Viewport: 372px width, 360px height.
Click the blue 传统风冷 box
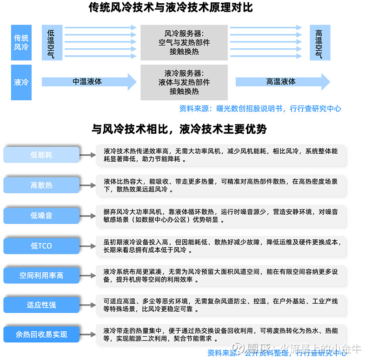coord(21,42)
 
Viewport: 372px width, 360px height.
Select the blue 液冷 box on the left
coord(21,82)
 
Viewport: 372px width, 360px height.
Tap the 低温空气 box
coord(51,42)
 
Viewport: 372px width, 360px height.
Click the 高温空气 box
coord(320,42)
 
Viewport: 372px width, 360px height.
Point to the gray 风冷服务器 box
coord(184,42)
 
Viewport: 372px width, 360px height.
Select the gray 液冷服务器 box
coord(184,82)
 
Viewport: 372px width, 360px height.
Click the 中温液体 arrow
coord(88,82)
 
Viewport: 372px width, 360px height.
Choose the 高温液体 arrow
coord(282,82)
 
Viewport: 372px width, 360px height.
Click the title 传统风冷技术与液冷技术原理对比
coord(171,8)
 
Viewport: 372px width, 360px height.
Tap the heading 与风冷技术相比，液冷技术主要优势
coord(179,129)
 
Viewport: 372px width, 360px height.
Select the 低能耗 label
coord(42,155)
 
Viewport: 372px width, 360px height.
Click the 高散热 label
coord(42,185)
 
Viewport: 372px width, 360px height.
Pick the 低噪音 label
coord(42,216)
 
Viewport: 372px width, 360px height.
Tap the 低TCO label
coord(42,246)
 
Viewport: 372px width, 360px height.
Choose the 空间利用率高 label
coord(42,275)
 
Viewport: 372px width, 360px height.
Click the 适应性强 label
coord(42,305)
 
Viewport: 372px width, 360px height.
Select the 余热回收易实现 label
coord(42,334)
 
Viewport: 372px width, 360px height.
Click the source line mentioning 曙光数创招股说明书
coord(260,108)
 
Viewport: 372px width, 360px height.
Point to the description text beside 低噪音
coord(220,216)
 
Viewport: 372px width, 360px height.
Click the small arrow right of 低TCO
coord(88,246)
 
